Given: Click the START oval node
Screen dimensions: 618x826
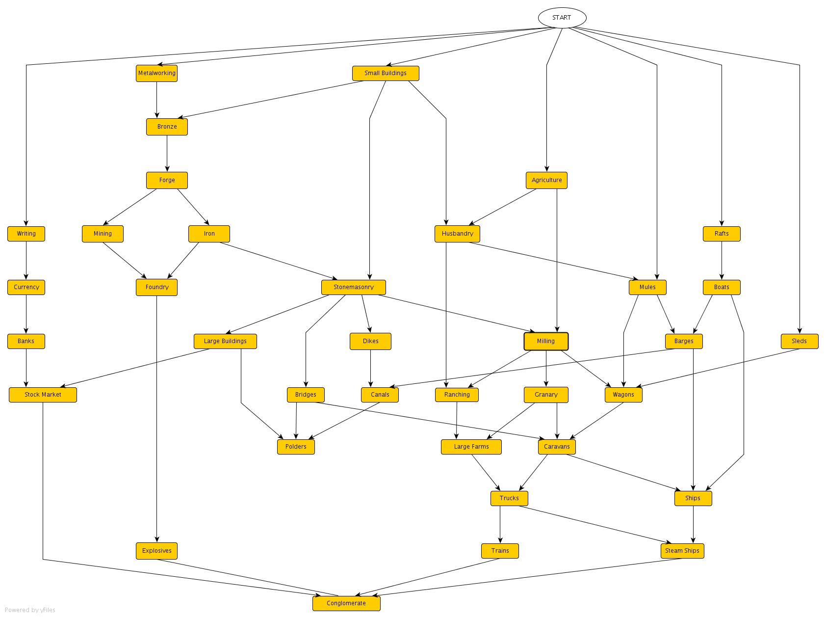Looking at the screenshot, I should (562, 18).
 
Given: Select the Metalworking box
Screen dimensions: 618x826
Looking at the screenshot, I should (156, 73).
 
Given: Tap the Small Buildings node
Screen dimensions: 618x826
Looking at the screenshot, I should (386, 73).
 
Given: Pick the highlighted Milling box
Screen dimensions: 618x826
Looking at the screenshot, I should (546, 341).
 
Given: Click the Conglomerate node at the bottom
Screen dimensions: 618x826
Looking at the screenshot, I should (346, 603).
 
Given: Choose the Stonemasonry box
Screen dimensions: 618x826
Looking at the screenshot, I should (353, 287).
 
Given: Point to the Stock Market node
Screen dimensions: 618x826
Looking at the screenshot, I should (43, 395).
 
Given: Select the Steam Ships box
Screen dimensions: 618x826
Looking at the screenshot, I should (682, 551).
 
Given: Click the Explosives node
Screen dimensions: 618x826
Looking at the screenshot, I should (156, 551).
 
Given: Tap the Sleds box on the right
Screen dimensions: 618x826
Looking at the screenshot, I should (799, 341).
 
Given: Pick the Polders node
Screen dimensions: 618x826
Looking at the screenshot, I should (296, 447).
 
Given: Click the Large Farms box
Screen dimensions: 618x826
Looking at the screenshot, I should (471, 447).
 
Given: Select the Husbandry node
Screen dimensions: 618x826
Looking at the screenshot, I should (457, 234).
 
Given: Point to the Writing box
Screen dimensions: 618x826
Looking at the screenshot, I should (26, 234).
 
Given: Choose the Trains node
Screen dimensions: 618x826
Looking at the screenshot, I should (500, 551).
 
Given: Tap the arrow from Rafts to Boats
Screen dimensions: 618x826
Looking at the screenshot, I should (722, 260).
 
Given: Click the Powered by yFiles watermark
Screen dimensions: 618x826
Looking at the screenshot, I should (30, 610).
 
